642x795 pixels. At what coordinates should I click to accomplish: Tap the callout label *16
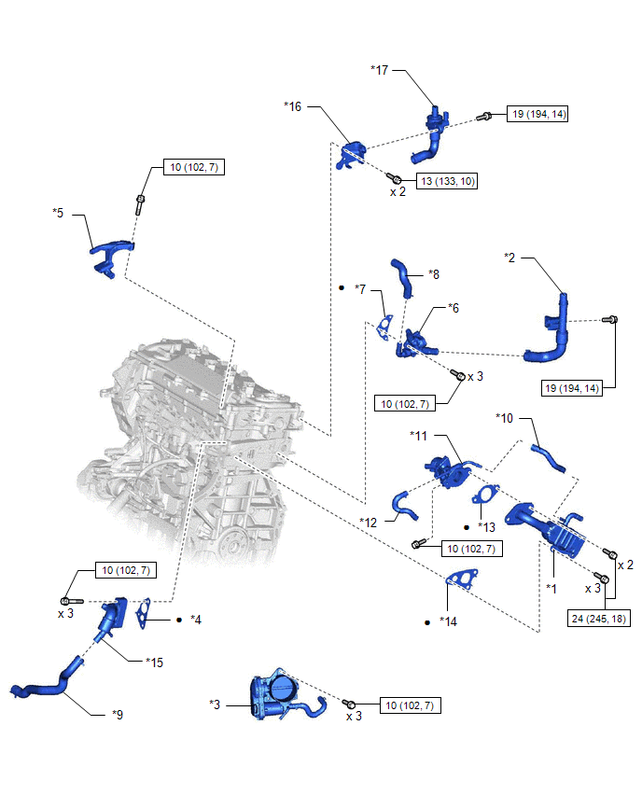[292, 107]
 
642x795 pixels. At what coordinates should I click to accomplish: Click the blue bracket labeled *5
[110, 255]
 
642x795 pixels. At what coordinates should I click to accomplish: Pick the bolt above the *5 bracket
[140, 204]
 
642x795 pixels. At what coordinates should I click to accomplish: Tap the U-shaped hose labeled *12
[408, 504]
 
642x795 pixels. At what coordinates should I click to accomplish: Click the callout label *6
[454, 307]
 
